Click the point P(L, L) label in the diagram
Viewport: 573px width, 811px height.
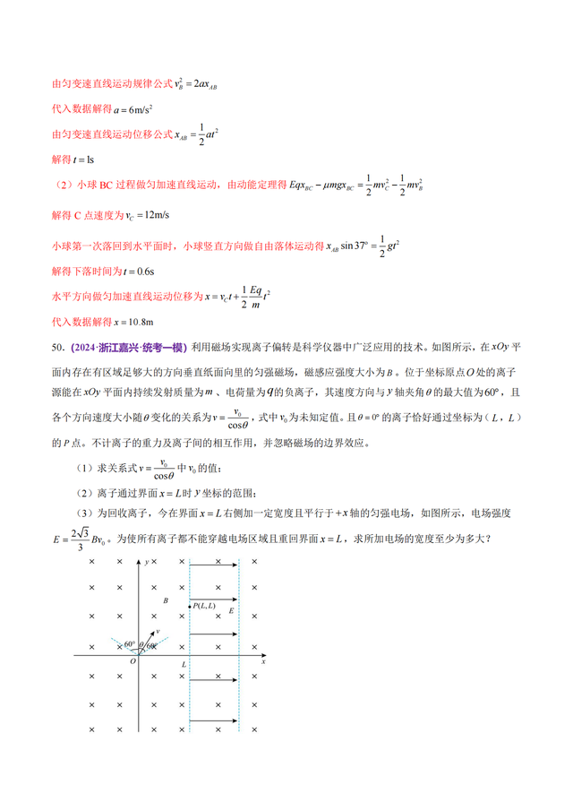coord(207,607)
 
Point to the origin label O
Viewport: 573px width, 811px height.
coord(133,662)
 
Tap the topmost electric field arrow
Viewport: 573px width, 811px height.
coord(216,564)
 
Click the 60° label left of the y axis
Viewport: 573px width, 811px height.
coord(130,644)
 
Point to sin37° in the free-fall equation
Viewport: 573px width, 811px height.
coord(362,245)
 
